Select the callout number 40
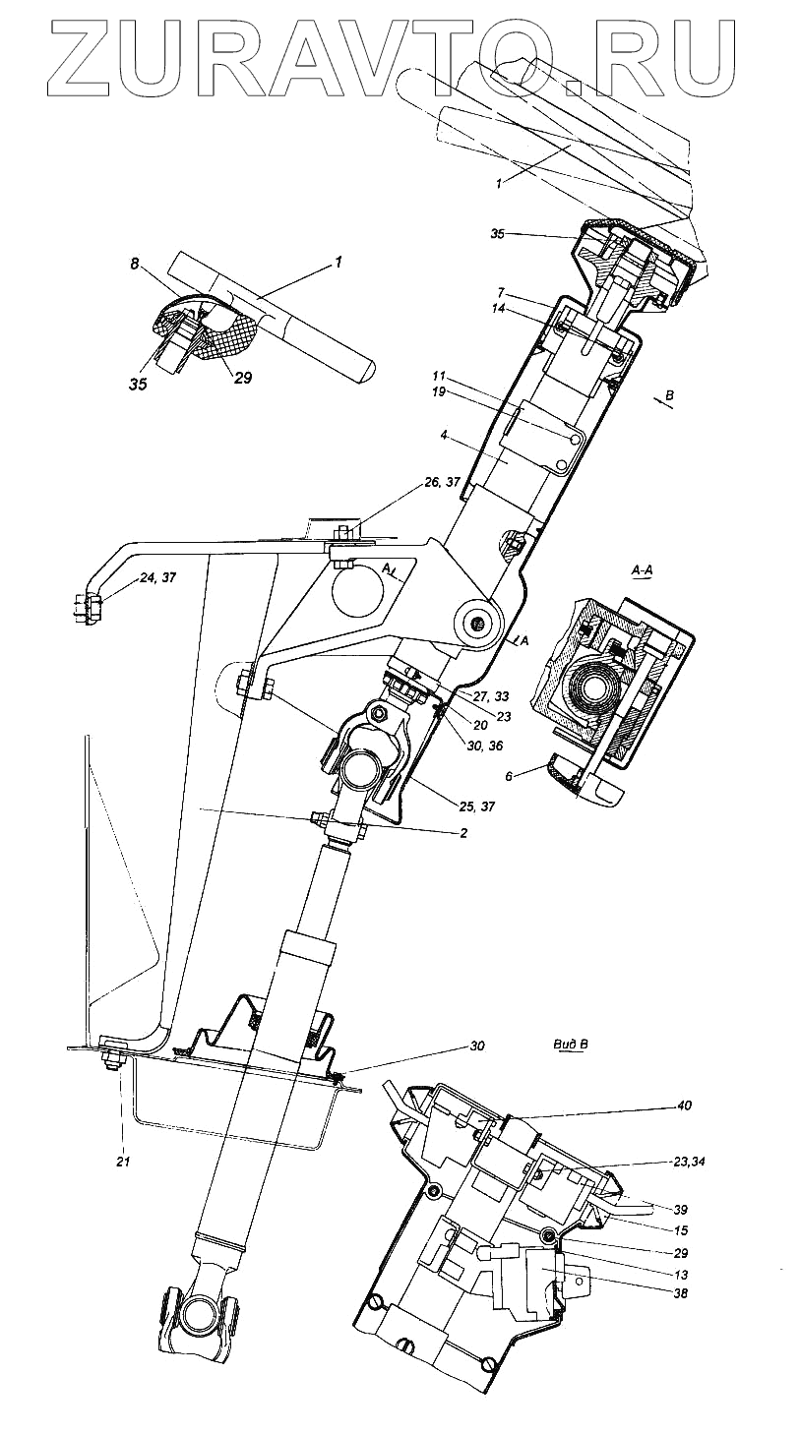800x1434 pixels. [684, 1105]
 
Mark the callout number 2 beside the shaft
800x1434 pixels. [462, 833]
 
